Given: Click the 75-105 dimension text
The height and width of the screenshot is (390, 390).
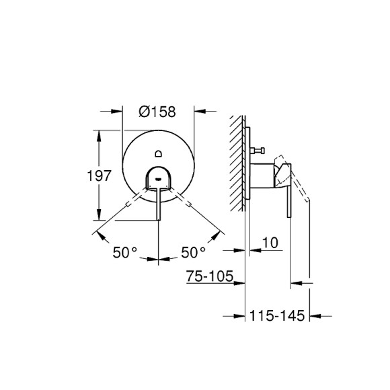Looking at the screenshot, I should click(x=209, y=276).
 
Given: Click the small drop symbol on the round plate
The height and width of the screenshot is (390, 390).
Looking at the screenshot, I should click(x=158, y=151).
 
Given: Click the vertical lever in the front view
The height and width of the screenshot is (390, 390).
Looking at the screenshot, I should click(x=158, y=205).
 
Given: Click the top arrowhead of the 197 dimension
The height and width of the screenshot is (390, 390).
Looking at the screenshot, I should click(x=100, y=133).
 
